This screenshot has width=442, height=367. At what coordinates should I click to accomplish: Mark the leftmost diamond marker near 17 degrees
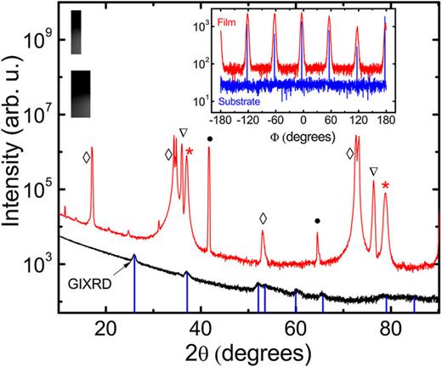click(86, 157)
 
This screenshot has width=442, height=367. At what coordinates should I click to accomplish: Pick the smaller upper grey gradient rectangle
click(77, 32)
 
